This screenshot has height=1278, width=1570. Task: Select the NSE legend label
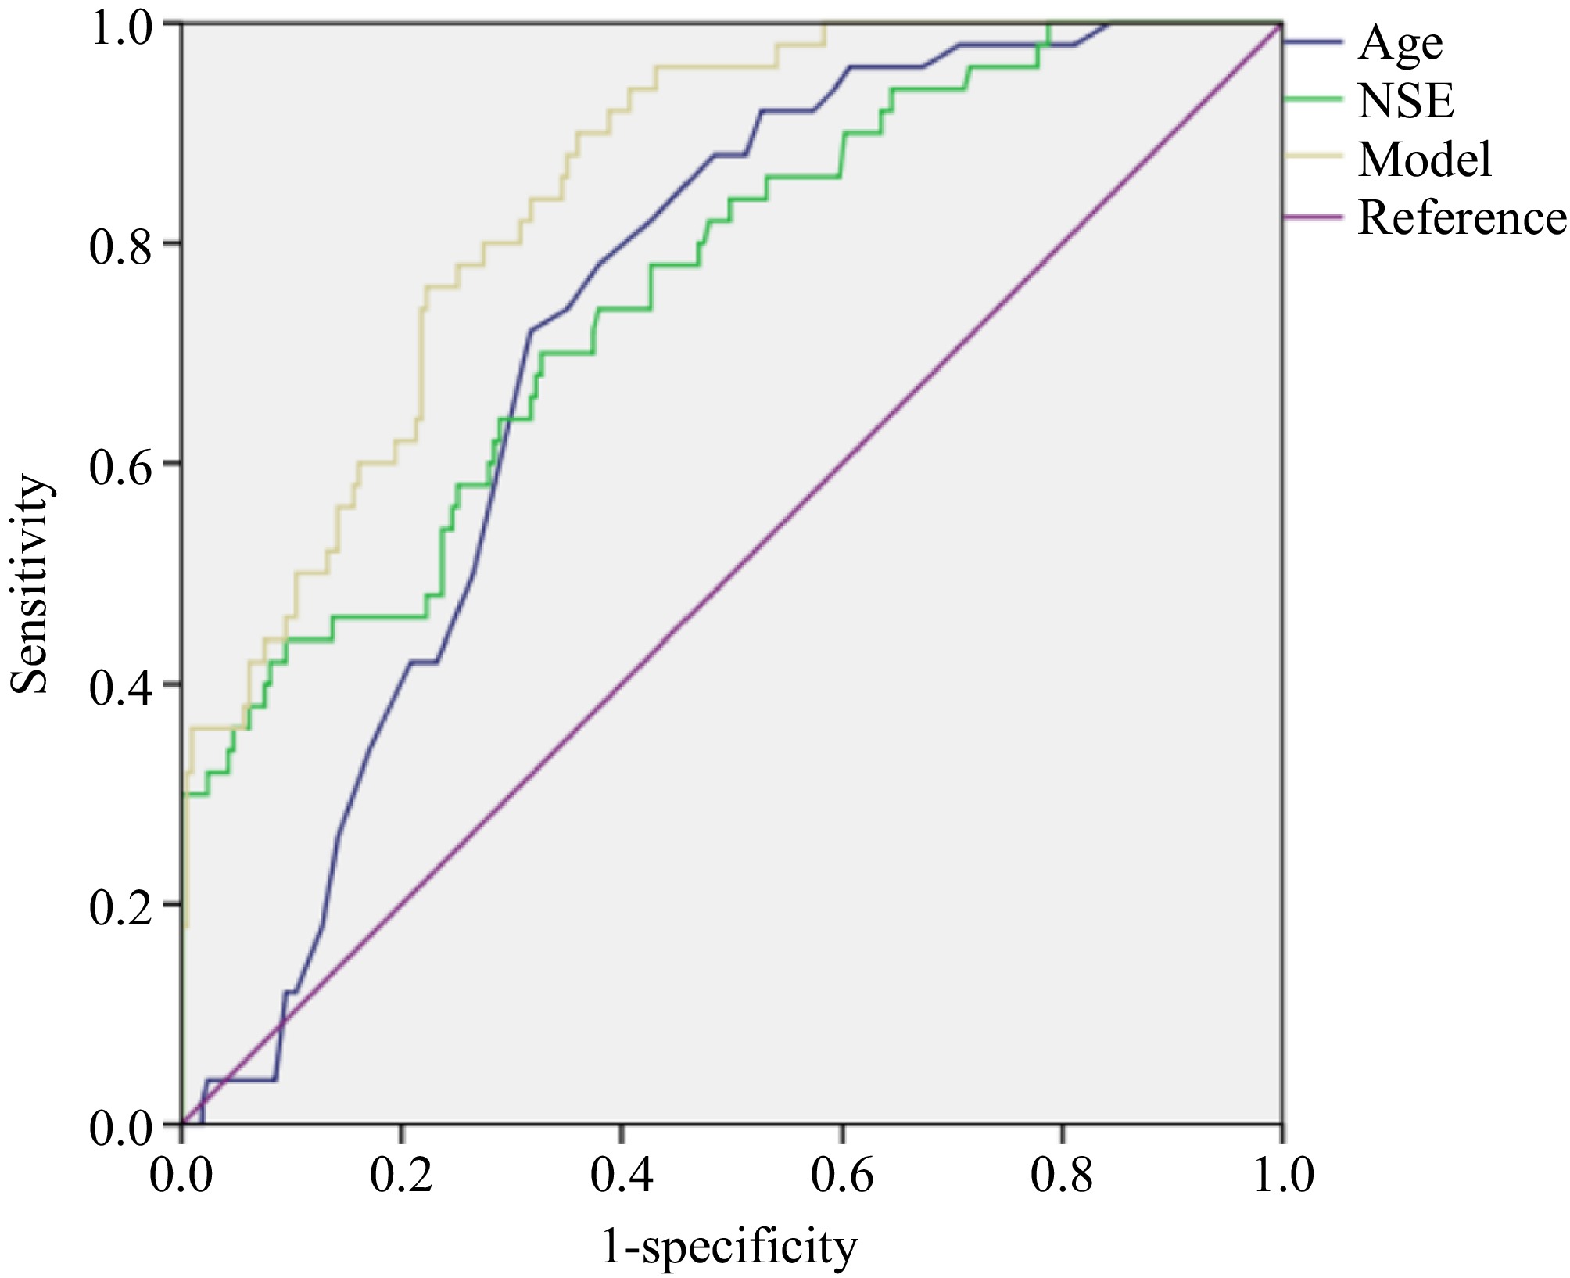(1406, 102)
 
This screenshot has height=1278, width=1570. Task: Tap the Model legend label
(1425, 160)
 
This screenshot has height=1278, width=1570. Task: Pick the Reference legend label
(1462, 217)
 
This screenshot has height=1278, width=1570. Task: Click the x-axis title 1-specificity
(729, 1246)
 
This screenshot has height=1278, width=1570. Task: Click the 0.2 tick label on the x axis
(400, 1176)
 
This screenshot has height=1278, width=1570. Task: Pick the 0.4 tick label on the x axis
(621, 1176)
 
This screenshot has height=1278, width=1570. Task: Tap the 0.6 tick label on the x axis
(841, 1176)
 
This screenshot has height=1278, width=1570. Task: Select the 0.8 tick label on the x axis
(1061, 1176)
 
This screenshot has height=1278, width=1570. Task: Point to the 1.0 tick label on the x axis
(1283, 1176)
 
